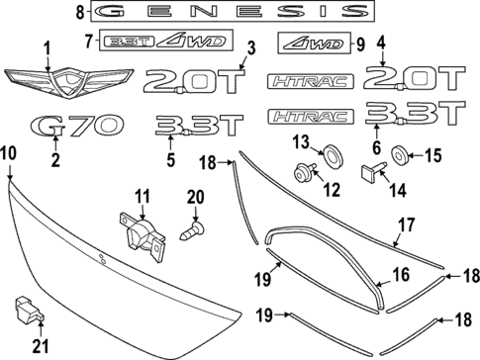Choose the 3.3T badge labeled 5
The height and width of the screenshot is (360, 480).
click(x=198, y=127)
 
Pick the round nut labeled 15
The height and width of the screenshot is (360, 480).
click(x=402, y=154)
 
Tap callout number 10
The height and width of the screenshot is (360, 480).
click(x=8, y=151)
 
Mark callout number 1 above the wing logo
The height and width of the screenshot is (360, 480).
click(x=46, y=46)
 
